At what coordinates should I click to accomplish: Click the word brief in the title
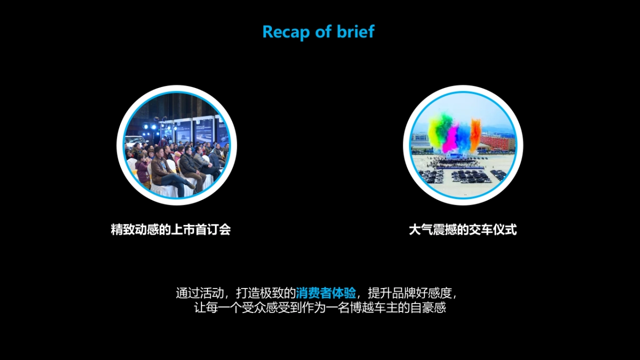(x=355, y=31)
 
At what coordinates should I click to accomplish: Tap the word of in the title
(x=323, y=31)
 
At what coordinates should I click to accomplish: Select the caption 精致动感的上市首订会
(x=171, y=230)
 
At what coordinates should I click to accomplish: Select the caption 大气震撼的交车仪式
(x=463, y=230)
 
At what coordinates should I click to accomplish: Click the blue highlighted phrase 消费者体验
(x=326, y=293)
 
